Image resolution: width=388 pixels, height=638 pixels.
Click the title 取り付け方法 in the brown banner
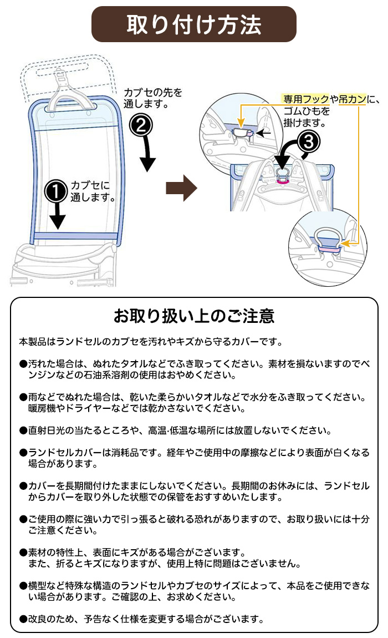tap(193, 24)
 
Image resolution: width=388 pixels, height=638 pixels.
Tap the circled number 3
tap(308, 142)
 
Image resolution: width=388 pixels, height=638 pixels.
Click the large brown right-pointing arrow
tap(181, 190)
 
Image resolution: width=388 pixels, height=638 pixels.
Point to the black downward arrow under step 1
tap(57, 216)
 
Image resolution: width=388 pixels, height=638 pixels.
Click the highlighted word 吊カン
tap(352, 99)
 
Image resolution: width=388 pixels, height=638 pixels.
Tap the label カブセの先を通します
tap(153, 98)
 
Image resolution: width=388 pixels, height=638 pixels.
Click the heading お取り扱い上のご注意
tap(194, 316)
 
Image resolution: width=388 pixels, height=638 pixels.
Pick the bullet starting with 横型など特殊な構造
tap(194, 591)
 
